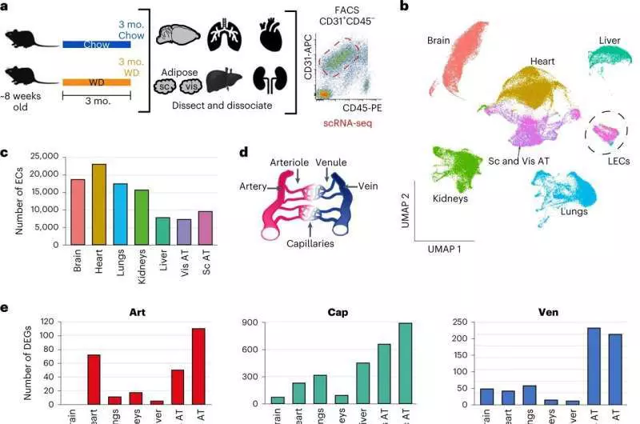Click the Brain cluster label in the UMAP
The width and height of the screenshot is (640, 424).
(441, 39)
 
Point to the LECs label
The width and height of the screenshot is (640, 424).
(618, 162)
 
